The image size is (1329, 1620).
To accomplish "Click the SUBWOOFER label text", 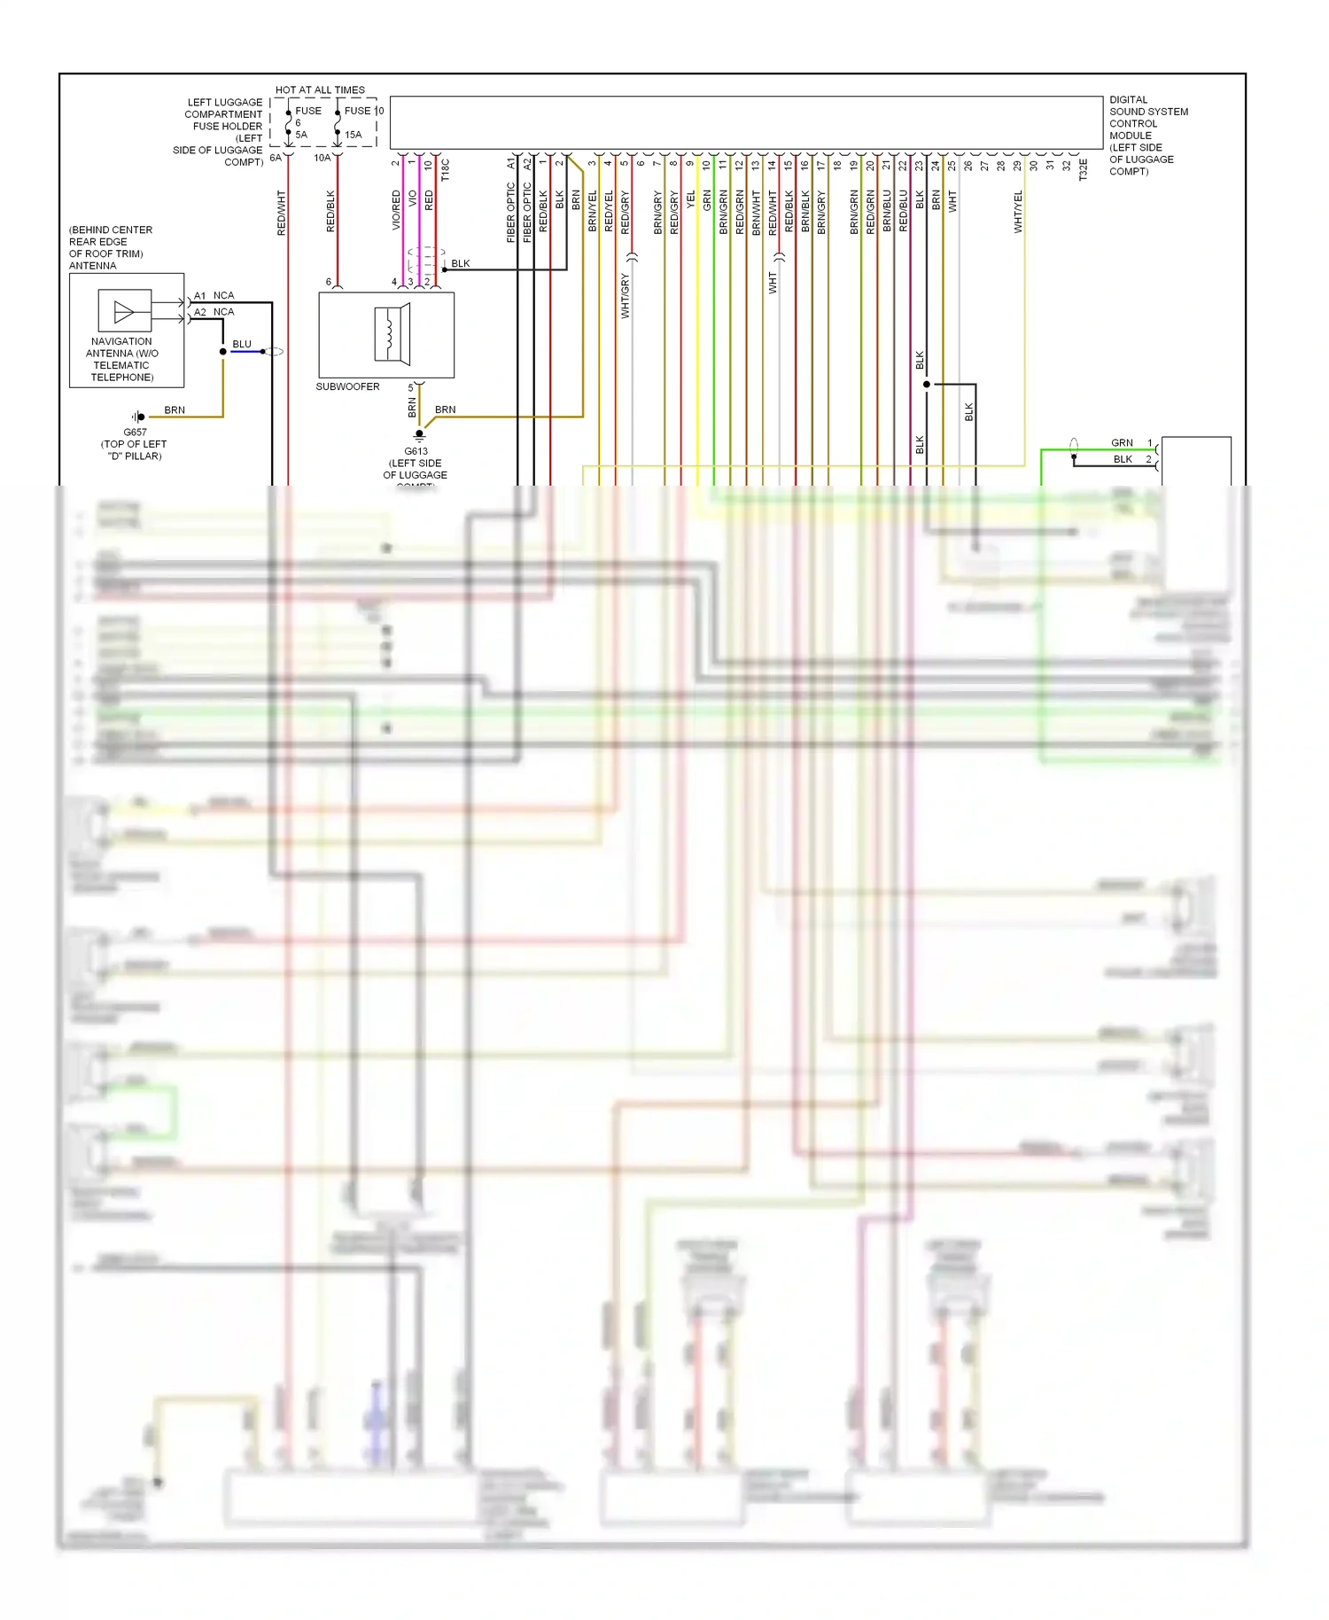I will [347, 387].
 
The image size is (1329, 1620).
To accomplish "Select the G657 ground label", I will [135, 432].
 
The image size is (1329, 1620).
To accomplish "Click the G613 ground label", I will [416, 451].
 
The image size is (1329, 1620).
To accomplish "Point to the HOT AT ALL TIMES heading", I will [320, 90].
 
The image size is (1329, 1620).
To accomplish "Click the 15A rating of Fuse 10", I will [353, 136].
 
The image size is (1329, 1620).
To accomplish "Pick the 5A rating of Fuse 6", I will [301, 136].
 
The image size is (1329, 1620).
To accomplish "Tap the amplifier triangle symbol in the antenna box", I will [124, 312].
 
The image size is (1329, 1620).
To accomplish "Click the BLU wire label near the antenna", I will [242, 344].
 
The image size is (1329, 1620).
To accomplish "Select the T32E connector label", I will [1084, 170].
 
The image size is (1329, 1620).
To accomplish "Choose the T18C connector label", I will [446, 170].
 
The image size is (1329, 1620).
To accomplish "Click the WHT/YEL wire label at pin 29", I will [1019, 212].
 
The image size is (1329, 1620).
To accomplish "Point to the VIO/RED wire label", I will [396, 211].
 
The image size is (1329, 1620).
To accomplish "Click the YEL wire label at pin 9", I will [691, 201].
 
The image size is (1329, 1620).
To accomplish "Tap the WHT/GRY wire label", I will [626, 296].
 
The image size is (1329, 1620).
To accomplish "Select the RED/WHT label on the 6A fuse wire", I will [282, 213].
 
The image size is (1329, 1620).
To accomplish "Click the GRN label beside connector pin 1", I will [1122, 443].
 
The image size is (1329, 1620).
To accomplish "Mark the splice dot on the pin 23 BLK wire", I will [927, 385].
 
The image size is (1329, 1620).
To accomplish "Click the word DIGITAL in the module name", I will [1128, 100].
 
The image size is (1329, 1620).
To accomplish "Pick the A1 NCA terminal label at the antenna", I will [214, 296].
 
